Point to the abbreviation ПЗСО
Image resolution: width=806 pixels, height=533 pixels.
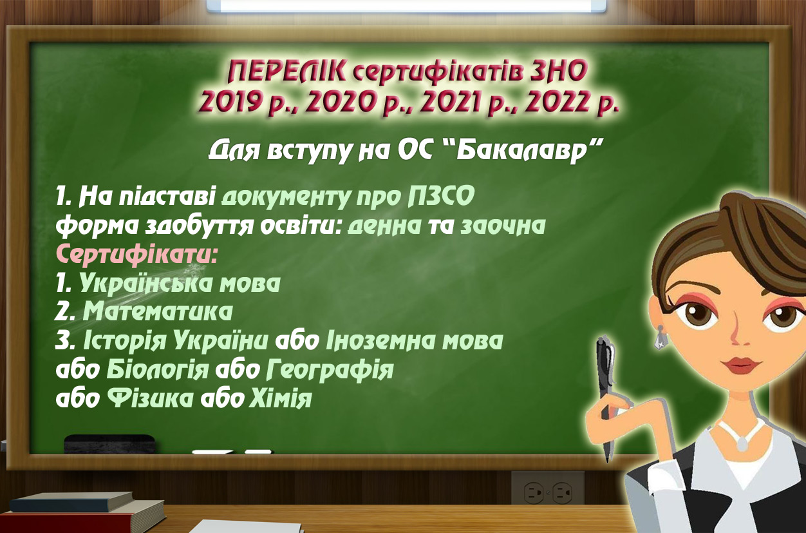(441, 197)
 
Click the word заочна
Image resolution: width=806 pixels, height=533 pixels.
(503, 226)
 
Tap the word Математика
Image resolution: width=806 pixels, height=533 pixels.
(158, 311)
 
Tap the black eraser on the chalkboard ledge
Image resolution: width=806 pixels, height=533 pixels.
(109, 443)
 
